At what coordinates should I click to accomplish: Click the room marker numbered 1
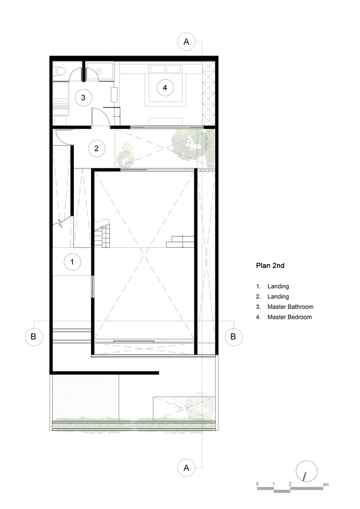click(x=72, y=262)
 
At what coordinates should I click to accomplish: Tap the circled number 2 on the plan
click(x=96, y=148)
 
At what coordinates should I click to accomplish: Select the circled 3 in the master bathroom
click(x=83, y=97)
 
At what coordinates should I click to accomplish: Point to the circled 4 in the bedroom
click(x=165, y=88)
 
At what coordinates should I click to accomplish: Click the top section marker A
click(x=186, y=42)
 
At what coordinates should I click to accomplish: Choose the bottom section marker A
click(x=186, y=468)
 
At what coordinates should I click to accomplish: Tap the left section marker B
click(x=34, y=336)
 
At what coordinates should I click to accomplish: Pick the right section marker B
click(x=233, y=336)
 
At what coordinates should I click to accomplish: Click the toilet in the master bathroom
click(x=60, y=71)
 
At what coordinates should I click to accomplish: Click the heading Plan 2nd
click(x=270, y=266)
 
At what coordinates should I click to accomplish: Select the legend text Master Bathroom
click(x=291, y=307)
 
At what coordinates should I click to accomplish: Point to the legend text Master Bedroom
click(x=290, y=317)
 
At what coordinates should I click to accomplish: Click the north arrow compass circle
click(x=307, y=471)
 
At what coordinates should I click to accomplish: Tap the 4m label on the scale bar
click(x=325, y=485)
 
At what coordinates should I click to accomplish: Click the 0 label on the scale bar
click(x=258, y=484)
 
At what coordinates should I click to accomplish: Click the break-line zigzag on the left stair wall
click(x=61, y=223)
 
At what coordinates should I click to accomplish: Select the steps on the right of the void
click(x=180, y=242)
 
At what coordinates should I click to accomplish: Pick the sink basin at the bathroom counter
click(x=99, y=71)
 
